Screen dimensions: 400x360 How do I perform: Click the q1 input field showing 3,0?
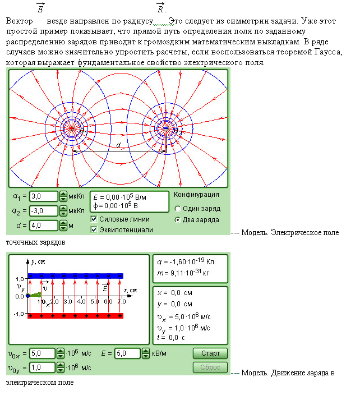44,196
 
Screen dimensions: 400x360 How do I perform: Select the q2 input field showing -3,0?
44,211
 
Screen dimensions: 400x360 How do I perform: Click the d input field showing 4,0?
44,226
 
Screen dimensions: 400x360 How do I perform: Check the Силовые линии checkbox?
94,219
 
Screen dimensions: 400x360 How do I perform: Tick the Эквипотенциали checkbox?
94,229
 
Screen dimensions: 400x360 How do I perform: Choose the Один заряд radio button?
178,208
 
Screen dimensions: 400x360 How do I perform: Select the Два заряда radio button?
178,220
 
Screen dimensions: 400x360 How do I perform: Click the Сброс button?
210,368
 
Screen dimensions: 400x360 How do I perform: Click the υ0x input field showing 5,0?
42,353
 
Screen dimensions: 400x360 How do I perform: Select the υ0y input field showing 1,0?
42,368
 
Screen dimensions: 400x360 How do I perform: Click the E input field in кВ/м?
127,353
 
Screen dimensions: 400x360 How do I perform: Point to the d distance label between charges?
118,145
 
